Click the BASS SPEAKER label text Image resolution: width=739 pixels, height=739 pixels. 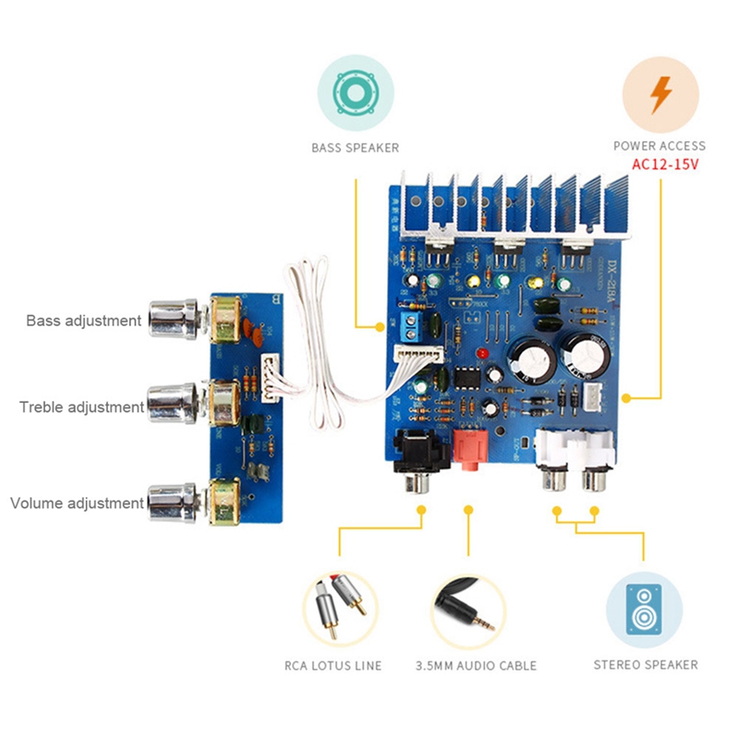(355, 148)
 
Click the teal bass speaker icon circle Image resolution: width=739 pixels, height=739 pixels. (356, 92)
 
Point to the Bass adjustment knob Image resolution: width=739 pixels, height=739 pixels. (174, 320)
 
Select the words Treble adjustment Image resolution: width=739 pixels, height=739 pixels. (81, 406)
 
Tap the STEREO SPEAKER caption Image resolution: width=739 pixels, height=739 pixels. (645, 664)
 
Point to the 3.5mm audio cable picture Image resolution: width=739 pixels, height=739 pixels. (468, 609)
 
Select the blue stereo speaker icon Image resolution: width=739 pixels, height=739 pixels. (644, 609)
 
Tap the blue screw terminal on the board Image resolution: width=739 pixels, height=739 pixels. (410, 323)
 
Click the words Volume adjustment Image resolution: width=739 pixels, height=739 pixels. (77, 503)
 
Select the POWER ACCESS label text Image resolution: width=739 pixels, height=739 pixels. (659, 146)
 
